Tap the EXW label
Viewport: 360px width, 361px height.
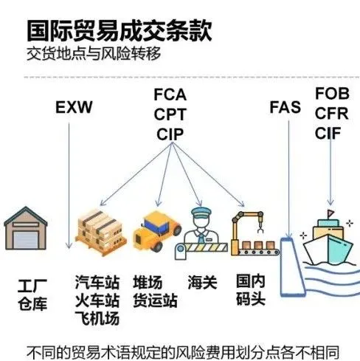tap(75, 109)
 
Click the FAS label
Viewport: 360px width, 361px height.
tap(285, 108)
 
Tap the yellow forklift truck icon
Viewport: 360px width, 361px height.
tap(156, 230)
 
